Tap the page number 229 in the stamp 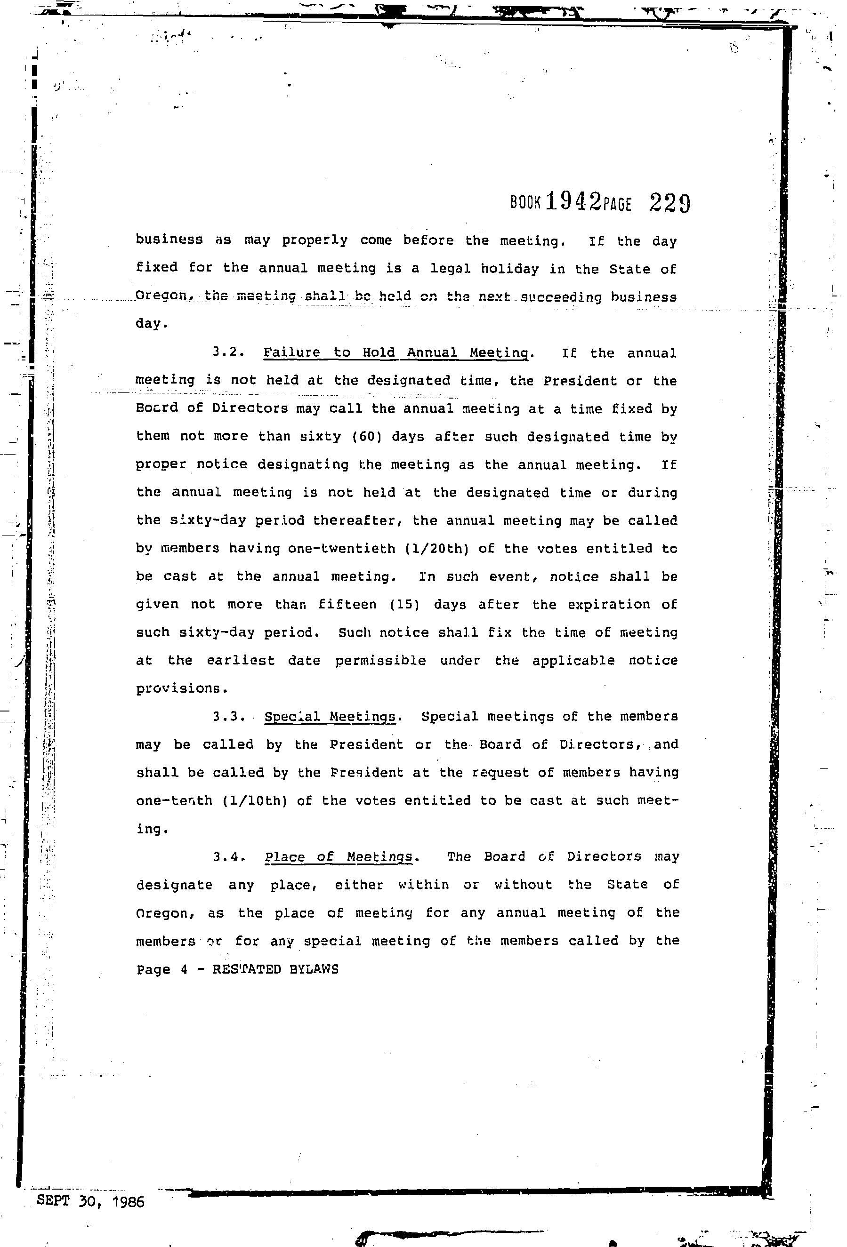[x=670, y=203]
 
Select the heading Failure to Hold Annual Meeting [x=395, y=352]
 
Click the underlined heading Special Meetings [x=331, y=716]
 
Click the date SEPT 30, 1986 [x=91, y=1201]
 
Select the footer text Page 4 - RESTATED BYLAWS [x=237, y=969]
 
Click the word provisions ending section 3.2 [x=178, y=688]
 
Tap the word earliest [x=241, y=661]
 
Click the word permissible [x=380, y=661]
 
